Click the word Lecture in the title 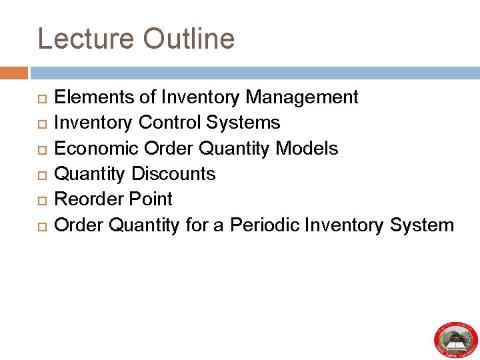coord(86,39)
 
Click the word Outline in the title coord(189,39)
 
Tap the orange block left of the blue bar coord(14,73)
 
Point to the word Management coord(302,97)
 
